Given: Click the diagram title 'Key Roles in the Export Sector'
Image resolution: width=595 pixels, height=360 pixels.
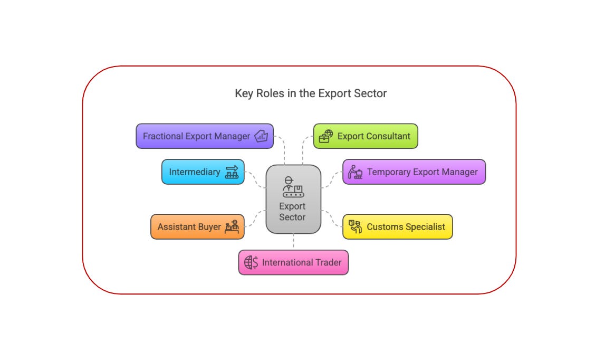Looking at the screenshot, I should [311, 93].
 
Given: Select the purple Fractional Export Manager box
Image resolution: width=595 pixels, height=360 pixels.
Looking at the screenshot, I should [205, 136].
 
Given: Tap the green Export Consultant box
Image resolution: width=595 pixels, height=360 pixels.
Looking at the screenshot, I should [366, 136].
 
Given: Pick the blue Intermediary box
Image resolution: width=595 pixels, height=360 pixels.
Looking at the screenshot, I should [203, 172].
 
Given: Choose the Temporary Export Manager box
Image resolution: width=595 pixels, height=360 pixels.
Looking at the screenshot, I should [414, 172].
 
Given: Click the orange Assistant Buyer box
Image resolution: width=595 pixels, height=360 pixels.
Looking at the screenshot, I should [198, 227].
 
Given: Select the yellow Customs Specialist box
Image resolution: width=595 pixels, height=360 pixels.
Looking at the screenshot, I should [397, 227].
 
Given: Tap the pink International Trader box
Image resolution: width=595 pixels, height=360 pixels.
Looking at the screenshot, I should [293, 262].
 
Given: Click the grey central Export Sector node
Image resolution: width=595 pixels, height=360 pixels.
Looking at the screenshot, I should [293, 200].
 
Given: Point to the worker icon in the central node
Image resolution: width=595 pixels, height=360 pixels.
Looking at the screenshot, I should [293, 186].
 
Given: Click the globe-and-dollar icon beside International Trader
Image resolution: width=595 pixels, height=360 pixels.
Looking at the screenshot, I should [251, 262].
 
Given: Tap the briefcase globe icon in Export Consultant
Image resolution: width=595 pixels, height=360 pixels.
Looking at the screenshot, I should [326, 136].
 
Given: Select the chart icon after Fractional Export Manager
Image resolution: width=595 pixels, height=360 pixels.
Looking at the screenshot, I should [262, 136].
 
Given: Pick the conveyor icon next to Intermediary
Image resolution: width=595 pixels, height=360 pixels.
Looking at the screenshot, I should [232, 172].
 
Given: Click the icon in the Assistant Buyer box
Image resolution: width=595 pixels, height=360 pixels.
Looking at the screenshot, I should [232, 227].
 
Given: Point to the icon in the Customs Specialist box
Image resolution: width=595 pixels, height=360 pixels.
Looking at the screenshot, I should [356, 227].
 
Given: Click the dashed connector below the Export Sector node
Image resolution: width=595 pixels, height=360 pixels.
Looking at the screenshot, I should [293, 242].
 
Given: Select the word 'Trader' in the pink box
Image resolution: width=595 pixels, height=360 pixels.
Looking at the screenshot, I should [329, 262].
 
